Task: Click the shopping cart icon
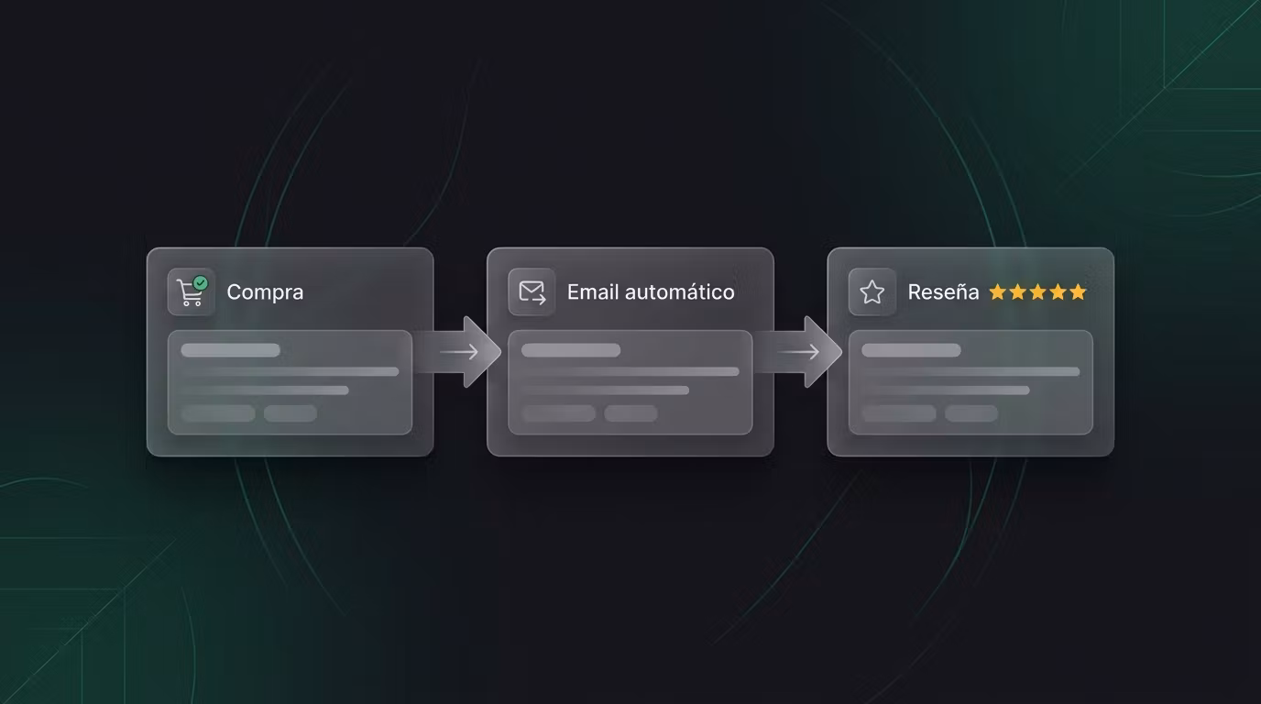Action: [190, 292]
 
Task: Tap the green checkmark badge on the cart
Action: [201, 282]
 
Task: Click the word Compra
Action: [265, 292]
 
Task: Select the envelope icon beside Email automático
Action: [532, 292]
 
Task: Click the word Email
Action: [593, 291]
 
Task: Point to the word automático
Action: [680, 291]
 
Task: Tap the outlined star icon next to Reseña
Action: [872, 292]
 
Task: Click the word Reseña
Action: [944, 291]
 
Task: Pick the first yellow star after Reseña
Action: [998, 291]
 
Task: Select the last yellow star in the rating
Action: [1078, 291]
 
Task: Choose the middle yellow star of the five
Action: [1038, 291]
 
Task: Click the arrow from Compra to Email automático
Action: [459, 352]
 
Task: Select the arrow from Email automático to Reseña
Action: [798, 352]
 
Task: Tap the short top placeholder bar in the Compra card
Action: [230, 350]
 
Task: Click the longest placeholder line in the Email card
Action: [630, 372]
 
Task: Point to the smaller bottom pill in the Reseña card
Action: [971, 413]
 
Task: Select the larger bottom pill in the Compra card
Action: [218, 413]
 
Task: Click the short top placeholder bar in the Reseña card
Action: [912, 350]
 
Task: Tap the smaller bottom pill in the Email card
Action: [630, 413]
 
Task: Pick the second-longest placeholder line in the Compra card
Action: [265, 390]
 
